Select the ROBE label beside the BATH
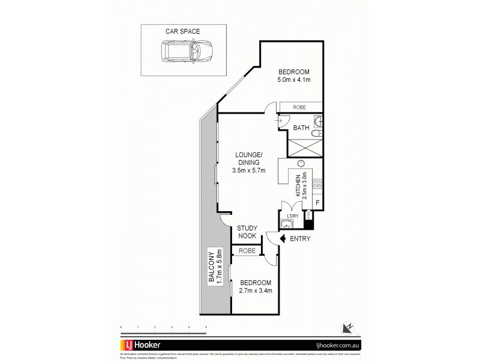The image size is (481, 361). pos(299,108)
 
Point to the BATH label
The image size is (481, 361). pos(301,128)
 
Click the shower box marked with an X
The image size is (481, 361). pos(305,147)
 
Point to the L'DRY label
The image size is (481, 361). pos(293,216)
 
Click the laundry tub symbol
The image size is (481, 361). pos(288,225)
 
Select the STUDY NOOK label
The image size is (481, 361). pos(247,232)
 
